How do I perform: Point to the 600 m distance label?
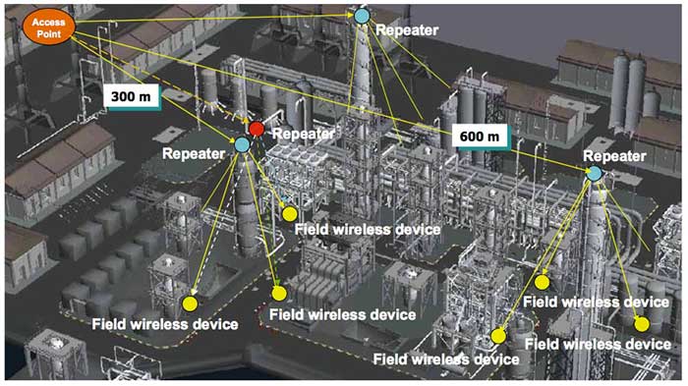coord(481,135)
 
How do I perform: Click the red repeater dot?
coord(257,129)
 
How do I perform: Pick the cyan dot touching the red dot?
coord(243,144)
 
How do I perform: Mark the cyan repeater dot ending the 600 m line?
coord(594,174)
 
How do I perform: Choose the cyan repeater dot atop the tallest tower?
coord(363,17)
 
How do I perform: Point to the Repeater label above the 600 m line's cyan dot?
coord(614,156)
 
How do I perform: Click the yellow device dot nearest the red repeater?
coord(289,213)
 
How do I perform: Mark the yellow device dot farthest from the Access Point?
coord(642,323)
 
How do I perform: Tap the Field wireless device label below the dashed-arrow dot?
coord(164,324)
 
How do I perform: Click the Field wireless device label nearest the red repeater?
coord(368,229)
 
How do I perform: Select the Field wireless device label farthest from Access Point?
coord(599,344)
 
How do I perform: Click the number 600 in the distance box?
coord(472,135)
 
